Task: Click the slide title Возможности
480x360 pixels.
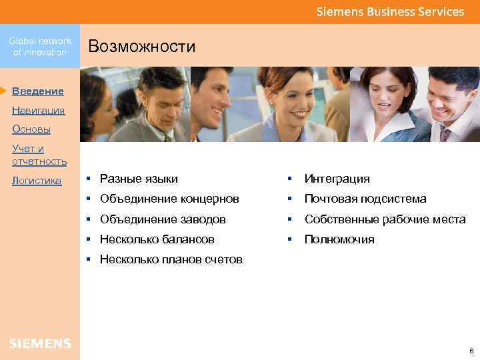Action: [141, 46]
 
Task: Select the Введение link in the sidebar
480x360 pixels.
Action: [38, 91]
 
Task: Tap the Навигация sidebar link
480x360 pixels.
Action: [38, 111]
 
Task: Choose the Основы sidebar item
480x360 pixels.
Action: [31, 129]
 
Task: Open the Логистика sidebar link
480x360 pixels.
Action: [37, 181]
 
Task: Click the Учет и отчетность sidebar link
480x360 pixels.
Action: [39, 155]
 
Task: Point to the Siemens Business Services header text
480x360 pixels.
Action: [390, 11]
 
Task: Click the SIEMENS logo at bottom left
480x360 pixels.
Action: [40, 343]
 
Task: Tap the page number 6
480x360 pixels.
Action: [471, 351]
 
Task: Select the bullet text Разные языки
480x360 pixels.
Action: [139, 179]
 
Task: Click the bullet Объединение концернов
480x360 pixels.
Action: [169, 199]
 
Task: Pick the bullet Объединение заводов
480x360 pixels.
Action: [163, 219]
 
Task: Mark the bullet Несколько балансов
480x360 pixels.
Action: [157, 239]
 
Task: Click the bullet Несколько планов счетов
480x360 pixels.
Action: [171, 259]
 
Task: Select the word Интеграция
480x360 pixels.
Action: [337, 179]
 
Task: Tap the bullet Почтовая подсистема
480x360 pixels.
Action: [365, 199]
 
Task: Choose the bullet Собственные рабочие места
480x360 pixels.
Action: [385, 219]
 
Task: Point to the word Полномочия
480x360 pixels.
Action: [339, 239]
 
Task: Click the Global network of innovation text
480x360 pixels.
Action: [40, 47]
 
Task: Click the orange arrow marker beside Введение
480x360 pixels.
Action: [4, 89]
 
